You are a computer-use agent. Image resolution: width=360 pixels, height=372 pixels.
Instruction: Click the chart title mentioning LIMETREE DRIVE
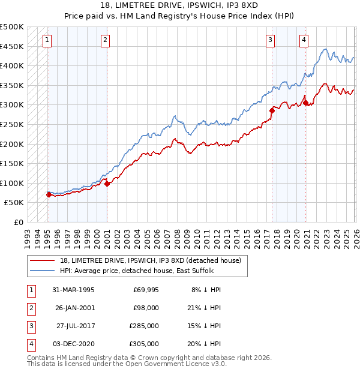tap(180, 5)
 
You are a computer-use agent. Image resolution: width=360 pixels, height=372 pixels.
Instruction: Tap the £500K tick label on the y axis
tap(12, 27)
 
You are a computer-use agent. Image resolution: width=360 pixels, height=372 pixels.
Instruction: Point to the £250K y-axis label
tap(12, 124)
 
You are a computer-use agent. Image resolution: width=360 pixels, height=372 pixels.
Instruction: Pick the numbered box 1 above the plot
tap(47, 40)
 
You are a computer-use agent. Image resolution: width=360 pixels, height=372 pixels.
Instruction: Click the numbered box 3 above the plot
tap(271, 40)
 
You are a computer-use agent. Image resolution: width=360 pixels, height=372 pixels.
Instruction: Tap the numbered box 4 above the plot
tap(304, 40)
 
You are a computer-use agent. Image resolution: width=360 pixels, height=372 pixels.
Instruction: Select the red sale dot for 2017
tap(272, 110)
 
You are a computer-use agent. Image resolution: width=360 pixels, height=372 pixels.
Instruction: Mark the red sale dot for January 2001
tap(107, 184)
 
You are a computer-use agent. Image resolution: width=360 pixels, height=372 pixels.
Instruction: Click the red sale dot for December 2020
tap(305, 103)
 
